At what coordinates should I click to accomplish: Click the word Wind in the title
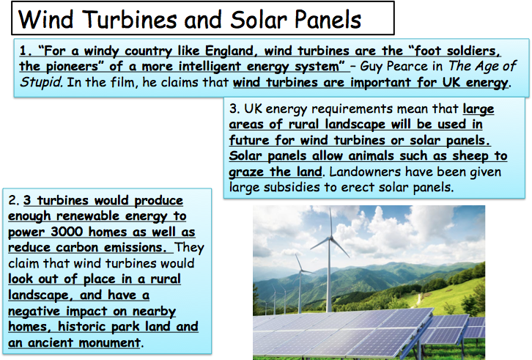click(x=46, y=19)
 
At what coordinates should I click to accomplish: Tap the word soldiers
click(x=473, y=51)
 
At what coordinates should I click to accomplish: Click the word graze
click(x=246, y=172)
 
